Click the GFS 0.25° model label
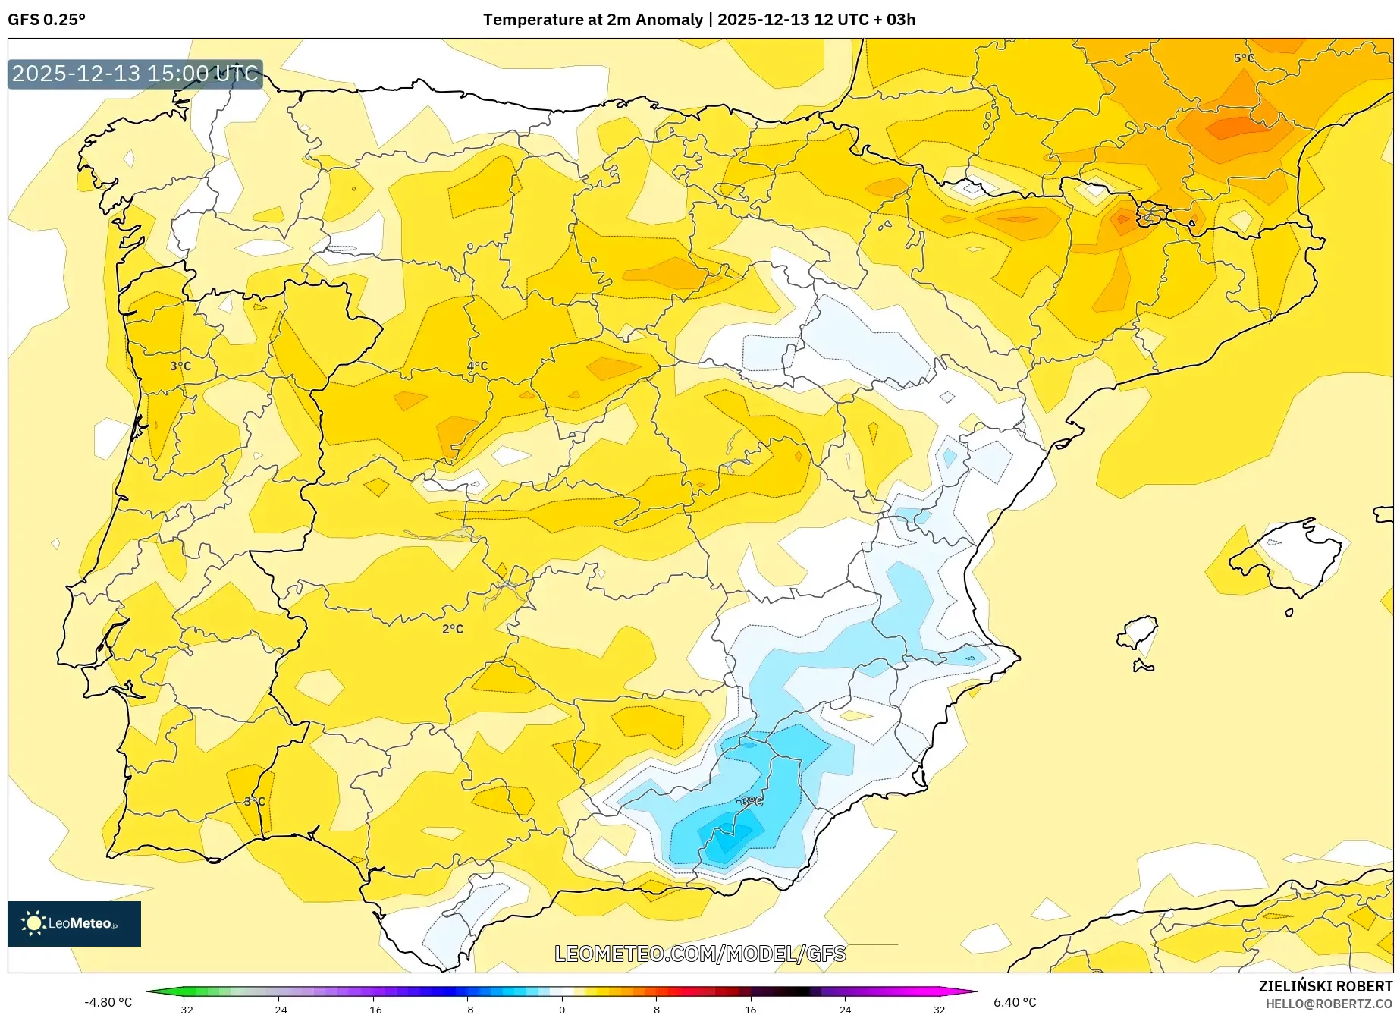[x=46, y=20]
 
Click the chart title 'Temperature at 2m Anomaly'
[x=592, y=20]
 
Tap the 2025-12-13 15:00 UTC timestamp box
[x=135, y=74]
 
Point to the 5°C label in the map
[x=1244, y=58]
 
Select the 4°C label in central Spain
[x=477, y=366]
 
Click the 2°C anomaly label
[x=453, y=629]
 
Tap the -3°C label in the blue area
[x=749, y=801]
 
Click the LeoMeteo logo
[x=74, y=923]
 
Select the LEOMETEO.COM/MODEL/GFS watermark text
[x=700, y=954]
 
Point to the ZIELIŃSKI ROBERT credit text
[x=1326, y=986]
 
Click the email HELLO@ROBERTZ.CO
[x=1329, y=1004]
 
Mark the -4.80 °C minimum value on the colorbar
[x=108, y=1002]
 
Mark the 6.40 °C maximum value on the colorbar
[x=1015, y=1002]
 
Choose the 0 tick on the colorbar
[x=562, y=1010]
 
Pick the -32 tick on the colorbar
[x=184, y=1010]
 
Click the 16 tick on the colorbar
[x=750, y=1010]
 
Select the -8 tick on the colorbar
[x=468, y=1010]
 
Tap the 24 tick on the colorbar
[x=845, y=1010]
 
